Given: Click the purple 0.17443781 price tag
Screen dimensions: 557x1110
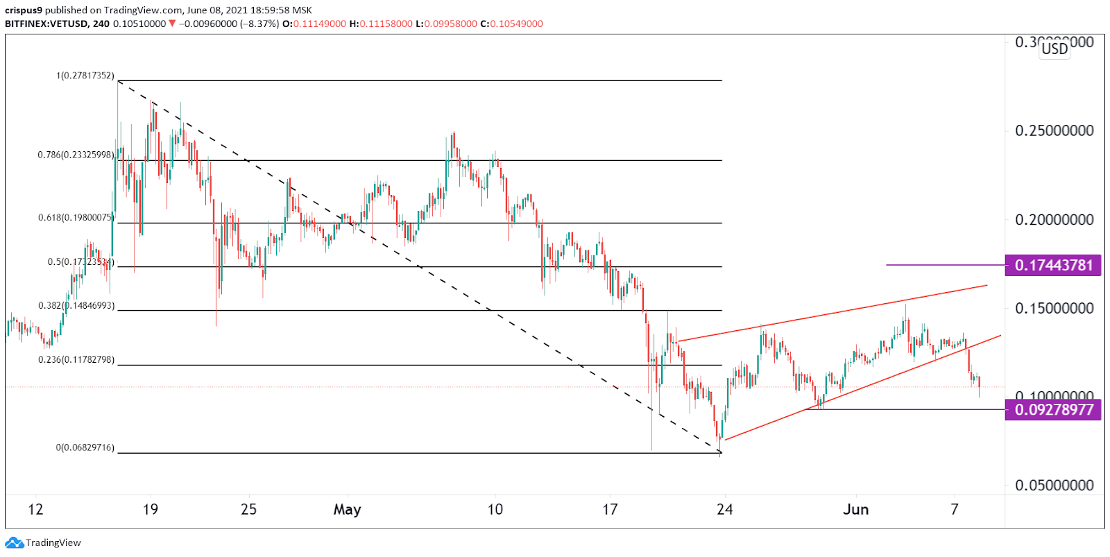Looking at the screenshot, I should pyautogui.click(x=1052, y=265).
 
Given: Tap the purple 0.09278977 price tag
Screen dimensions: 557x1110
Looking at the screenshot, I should pyautogui.click(x=1052, y=409).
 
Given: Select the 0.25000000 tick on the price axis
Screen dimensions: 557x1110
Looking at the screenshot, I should pyautogui.click(x=1054, y=130).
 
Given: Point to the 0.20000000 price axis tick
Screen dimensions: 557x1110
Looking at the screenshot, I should pyautogui.click(x=1054, y=219).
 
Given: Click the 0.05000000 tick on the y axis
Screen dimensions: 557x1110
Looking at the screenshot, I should pyautogui.click(x=1054, y=485).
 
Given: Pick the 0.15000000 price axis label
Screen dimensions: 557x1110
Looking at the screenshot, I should pyautogui.click(x=1054, y=308).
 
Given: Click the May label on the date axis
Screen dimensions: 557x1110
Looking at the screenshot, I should pyautogui.click(x=347, y=510).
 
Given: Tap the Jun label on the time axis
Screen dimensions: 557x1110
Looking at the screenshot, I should pyautogui.click(x=855, y=510).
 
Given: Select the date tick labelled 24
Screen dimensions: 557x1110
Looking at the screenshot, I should pyautogui.click(x=724, y=510).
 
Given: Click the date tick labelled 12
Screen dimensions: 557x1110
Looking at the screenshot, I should pyautogui.click(x=35, y=510).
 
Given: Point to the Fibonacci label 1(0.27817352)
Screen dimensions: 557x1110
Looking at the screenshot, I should pyautogui.click(x=85, y=76).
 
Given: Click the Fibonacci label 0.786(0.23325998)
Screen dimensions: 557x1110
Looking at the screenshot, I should pyautogui.click(x=76, y=155).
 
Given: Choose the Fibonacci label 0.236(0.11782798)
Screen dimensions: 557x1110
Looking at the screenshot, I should pyautogui.click(x=76, y=360).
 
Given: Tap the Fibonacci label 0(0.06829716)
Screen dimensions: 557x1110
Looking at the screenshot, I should pyautogui.click(x=85, y=448).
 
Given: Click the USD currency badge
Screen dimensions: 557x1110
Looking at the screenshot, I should pyautogui.click(x=1054, y=49).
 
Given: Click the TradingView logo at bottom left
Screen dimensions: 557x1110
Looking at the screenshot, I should pyautogui.click(x=43, y=542).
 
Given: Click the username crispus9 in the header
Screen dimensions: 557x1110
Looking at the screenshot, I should pyautogui.click(x=24, y=10).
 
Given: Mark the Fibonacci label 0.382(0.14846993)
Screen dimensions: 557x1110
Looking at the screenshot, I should pyautogui.click(x=76, y=306).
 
